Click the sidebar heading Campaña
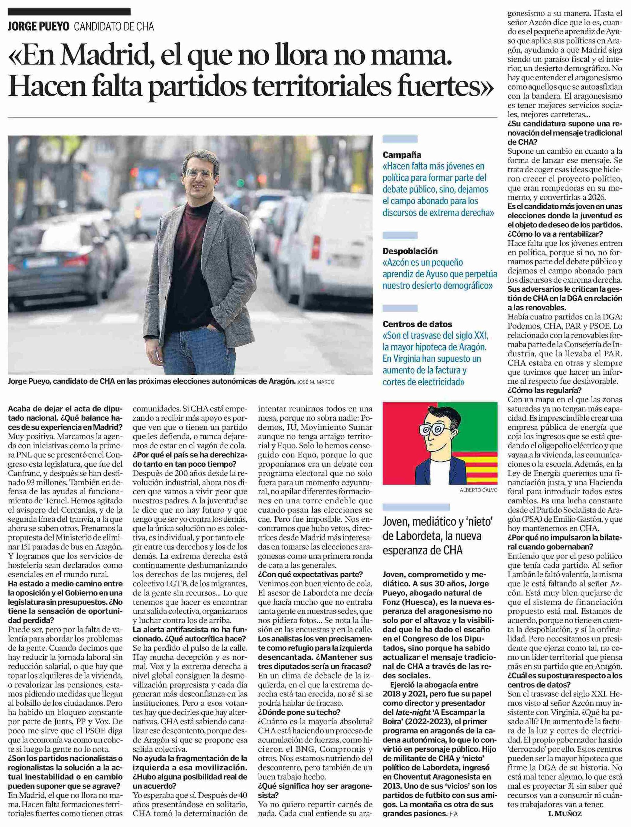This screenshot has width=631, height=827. click(402, 155)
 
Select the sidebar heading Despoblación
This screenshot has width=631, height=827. click(410, 251)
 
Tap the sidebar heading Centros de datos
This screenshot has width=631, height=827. click(417, 324)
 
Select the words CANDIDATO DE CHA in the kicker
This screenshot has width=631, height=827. click(114, 27)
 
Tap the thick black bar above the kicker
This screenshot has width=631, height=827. click(69, 12)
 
